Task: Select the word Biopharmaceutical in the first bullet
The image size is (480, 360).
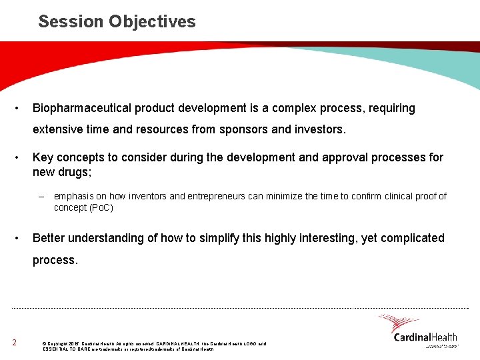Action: coord(81,108)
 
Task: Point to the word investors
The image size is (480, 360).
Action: coord(319,129)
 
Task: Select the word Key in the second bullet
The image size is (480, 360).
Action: coord(43,158)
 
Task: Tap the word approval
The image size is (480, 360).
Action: coord(323,158)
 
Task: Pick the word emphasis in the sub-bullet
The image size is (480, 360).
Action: coord(73,196)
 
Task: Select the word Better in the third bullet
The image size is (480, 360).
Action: coord(50,238)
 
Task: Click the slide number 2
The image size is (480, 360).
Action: coord(14,343)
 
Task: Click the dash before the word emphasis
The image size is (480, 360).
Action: coord(41,196)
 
